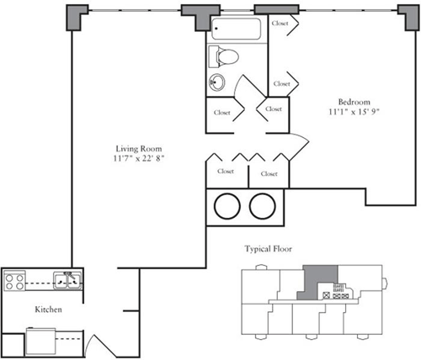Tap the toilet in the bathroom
click(226, 57)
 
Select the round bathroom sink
click(218, 82)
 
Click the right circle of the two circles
click(262, 205)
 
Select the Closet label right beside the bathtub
click(280, 24)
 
